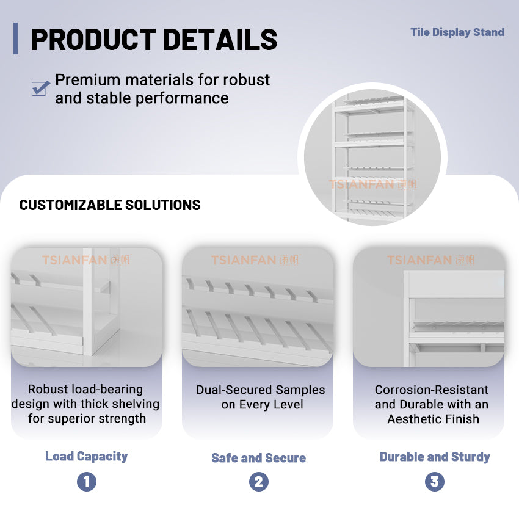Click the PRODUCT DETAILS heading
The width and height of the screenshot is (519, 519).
point(154,39)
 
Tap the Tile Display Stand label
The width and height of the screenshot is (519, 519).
point(457,32)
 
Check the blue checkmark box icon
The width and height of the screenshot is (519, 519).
point(40,88)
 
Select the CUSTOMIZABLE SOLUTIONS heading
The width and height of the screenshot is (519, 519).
point(110,205)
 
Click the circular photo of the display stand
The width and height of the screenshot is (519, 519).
point(372,156)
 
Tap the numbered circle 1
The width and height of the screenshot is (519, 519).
point(86,482)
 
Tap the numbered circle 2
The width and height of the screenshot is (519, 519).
point(258,482)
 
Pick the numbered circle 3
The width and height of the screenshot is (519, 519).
point(434,482)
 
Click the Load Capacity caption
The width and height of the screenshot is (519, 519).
point(86,456)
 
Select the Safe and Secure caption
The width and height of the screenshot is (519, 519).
point(258,458)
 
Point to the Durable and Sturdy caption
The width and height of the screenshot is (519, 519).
point(434,457)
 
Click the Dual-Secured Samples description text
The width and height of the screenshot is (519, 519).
point(260,397)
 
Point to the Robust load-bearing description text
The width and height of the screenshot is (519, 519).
point(85,404)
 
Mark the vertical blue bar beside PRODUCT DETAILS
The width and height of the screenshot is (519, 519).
point(15,38)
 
